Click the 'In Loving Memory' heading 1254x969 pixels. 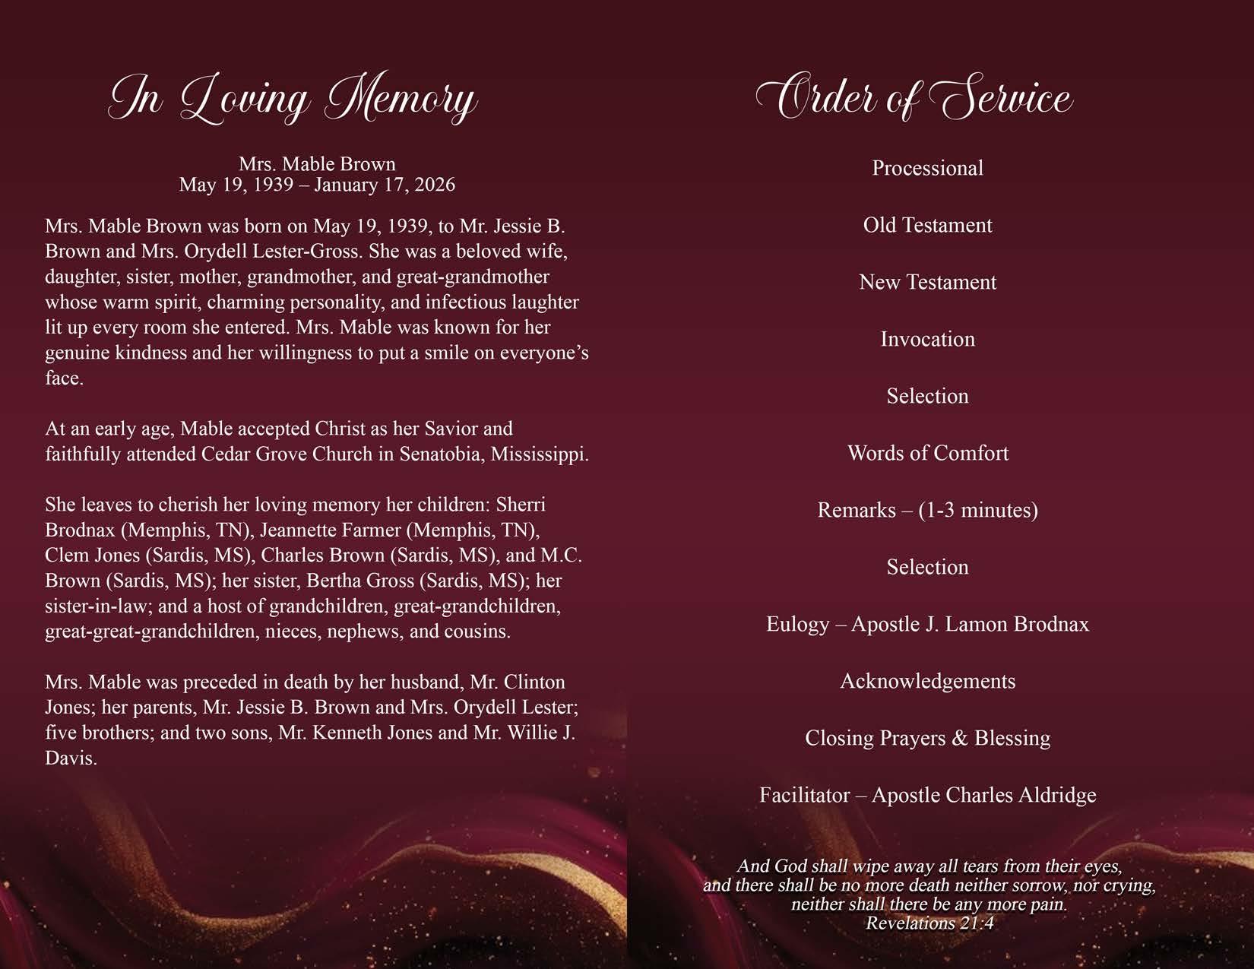coord(293,99)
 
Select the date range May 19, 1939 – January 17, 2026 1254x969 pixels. coord(317,185)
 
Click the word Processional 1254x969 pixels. coord(927,168)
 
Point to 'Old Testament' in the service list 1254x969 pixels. coord(927,225)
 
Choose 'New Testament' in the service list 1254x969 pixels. coord(927,282)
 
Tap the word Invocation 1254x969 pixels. coord(927,339)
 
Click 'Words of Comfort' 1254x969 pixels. coord(927,453)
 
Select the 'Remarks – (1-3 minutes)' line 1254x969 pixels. coord(927,510)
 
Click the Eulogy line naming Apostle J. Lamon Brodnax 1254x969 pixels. coord(927,624)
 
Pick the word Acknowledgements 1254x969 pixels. coord(927,681)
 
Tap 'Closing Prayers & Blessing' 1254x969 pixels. coord(927,738)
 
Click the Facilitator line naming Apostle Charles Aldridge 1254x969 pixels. coord(927,795)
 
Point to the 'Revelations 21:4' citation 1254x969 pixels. coord(929,923)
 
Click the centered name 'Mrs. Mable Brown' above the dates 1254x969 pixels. coord(317,164)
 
